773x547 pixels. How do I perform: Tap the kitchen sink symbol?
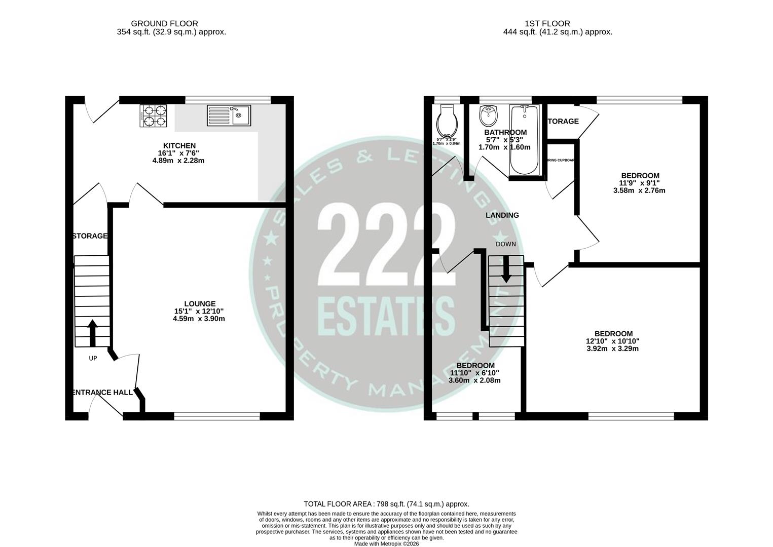click(229, 115)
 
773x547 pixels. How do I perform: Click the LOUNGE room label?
click(200, 304)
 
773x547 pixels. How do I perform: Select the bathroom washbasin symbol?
click(489, 116)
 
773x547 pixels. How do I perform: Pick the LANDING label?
click(502, 215)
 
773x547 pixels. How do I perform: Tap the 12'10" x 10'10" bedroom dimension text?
click(613, 341)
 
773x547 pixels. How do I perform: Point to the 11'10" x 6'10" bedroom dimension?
click(475, 373)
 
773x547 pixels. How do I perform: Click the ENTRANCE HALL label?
click(103, 393)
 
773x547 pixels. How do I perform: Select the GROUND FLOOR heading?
click(164, 23)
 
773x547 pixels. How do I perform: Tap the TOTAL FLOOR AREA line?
click(386, 504)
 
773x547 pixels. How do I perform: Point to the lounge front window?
click(217, 416)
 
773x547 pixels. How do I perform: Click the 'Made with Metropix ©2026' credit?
click(386, 543)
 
